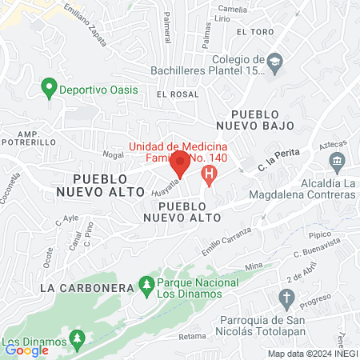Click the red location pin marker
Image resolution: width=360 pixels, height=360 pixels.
tap(180, 166)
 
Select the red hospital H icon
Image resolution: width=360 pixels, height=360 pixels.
tap(210, 173)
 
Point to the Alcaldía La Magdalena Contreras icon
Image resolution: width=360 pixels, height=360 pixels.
tap(336, 163)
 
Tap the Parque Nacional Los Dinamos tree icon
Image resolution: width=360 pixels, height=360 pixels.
tap(146, 284)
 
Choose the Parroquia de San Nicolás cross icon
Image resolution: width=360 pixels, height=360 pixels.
tap(287, 299)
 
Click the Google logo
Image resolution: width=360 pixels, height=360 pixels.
tap(26, 350)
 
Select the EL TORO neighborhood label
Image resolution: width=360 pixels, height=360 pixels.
tap(255, 31)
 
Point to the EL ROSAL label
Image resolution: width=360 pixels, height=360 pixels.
tap(177, 94)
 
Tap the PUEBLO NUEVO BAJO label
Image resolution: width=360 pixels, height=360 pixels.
tap(262, 119)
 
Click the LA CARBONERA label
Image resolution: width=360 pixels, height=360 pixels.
tap(76, 286)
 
